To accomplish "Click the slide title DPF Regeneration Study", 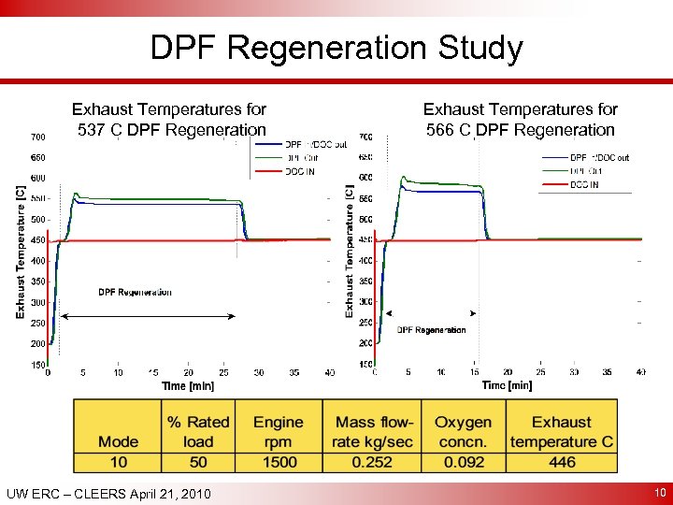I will [x=336, y=48].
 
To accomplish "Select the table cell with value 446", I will [x=562, y=462].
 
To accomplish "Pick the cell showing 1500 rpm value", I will [x=278, y=462].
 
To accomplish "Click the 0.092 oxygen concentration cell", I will [x=463, y=462].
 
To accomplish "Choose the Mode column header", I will [x=118, y=441].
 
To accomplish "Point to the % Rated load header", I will [x=197, y=431].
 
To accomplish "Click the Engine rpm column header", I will [x=278, y=431].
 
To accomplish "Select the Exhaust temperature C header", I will [x=562, y=431].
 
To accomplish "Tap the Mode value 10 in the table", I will [x=118, y=462].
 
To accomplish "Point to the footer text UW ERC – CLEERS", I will [x=107, y=493].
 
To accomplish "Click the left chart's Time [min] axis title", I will [x=188, y=385].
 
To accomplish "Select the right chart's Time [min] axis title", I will [x=507, y=385].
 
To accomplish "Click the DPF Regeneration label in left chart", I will [x=135, y=293].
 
